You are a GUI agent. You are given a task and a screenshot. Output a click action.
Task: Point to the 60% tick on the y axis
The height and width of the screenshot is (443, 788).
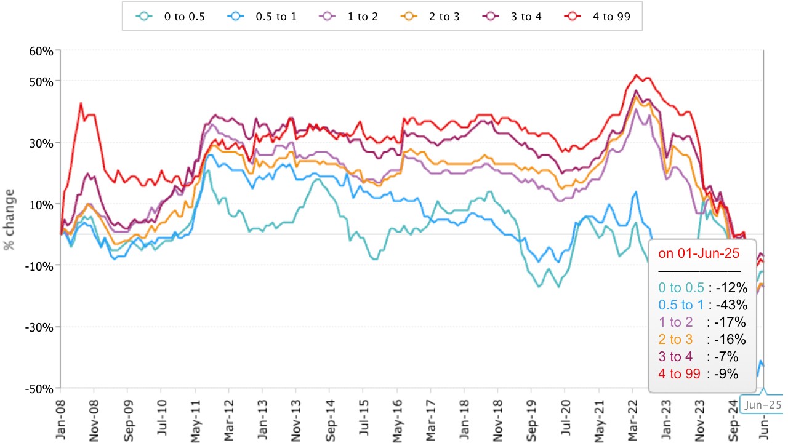[41, 50]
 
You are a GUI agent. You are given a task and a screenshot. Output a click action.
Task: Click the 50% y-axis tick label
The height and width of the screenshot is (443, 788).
[41, 81]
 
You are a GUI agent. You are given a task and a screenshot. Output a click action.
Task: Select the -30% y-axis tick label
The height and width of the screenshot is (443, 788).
[39, 327]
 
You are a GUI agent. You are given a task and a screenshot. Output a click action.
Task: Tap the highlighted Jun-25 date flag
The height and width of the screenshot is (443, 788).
[763, 404]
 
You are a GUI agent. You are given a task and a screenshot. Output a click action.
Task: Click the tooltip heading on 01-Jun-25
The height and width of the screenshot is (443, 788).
[698, 253]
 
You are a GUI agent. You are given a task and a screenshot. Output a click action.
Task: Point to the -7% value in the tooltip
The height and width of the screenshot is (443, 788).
[731, 357]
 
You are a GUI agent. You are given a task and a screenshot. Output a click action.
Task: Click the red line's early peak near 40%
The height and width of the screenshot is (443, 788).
[81, 103]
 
